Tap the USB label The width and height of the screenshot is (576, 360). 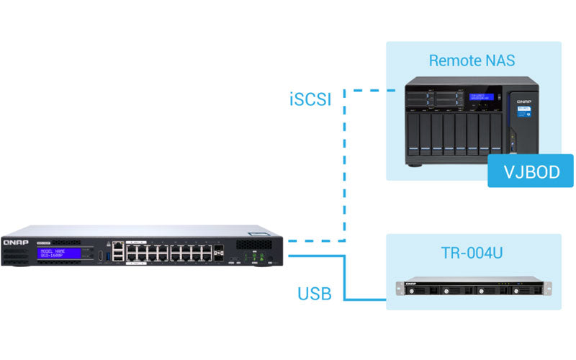pos(314,293)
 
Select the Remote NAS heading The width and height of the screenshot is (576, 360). pos(472,60)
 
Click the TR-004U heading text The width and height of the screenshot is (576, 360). pos(472,253)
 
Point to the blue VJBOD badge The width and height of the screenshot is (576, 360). pos(530,171)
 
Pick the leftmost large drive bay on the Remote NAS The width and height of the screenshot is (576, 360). pos(413,132)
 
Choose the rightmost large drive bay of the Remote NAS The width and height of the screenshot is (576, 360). pos(496,132)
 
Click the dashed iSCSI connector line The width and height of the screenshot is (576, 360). pos(344,166)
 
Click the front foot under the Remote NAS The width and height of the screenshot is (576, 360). pos(415,163)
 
